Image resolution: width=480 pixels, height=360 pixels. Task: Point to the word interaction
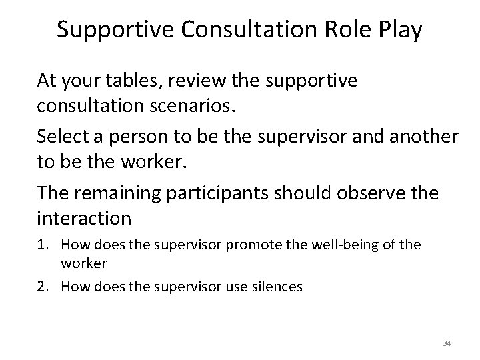pyautogui.click(x=84, y=217)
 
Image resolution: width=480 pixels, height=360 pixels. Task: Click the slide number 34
pyautogui.click(x=446, y=343)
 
